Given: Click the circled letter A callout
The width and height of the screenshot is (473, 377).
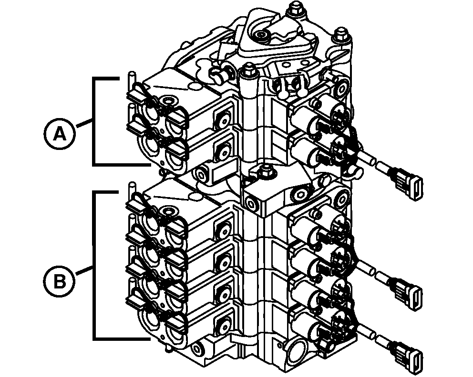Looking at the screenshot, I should (x=59, y=135).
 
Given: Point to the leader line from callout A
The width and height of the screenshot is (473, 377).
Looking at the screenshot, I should (x=83, y=124).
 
